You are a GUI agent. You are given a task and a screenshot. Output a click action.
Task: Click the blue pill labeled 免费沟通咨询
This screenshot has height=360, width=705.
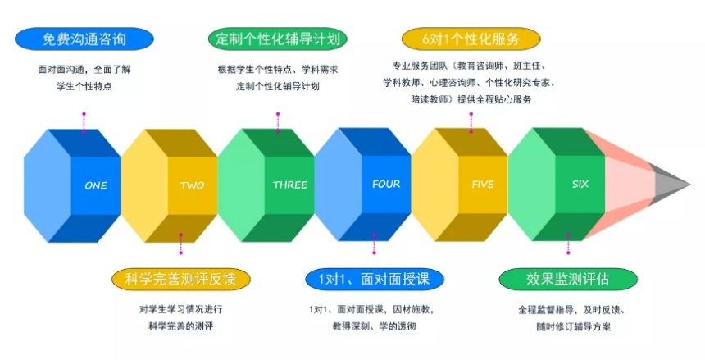pos(84,39)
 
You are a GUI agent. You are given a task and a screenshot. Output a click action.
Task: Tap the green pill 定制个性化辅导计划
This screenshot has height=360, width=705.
pos(277,39)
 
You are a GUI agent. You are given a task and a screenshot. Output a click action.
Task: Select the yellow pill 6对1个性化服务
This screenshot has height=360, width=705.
pos(471,39)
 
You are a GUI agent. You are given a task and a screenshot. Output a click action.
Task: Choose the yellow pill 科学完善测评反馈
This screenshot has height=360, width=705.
pos(180,279)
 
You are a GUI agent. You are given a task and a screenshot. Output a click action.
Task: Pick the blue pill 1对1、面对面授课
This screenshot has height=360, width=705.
pos(375,279)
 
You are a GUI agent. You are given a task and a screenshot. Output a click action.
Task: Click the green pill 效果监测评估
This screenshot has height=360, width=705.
pos(568,279)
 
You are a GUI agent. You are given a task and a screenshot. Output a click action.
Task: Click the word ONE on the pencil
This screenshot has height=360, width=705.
pos(96,185)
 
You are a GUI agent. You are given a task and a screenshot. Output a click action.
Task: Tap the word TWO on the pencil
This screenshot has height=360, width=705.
pos(192,185)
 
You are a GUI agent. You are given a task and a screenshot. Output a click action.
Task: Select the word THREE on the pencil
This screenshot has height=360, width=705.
pos(290,185)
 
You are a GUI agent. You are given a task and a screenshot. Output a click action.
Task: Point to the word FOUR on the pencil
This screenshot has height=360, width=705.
pos(386,184)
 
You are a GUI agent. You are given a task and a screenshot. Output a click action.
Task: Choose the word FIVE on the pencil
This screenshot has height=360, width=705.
pos(483,184)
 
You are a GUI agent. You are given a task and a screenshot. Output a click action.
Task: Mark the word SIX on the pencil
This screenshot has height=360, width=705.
pos(580,184)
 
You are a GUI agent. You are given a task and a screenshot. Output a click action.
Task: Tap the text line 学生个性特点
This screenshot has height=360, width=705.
pos(84,86)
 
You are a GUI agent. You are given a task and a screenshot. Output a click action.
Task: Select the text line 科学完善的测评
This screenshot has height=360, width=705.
pos(180,326)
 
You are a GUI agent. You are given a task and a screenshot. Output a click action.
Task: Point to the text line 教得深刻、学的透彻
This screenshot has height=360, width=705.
pos(374,326)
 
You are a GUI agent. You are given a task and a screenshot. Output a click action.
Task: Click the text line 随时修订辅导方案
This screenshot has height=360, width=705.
pos(573,326)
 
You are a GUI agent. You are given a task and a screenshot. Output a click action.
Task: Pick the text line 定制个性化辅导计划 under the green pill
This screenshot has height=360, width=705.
pos(277,86)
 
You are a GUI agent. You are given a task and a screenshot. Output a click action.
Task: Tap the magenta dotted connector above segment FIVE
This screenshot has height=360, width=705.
pos(471,123)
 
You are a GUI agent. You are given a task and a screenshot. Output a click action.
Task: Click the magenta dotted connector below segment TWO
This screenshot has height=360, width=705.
pos(180,244)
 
